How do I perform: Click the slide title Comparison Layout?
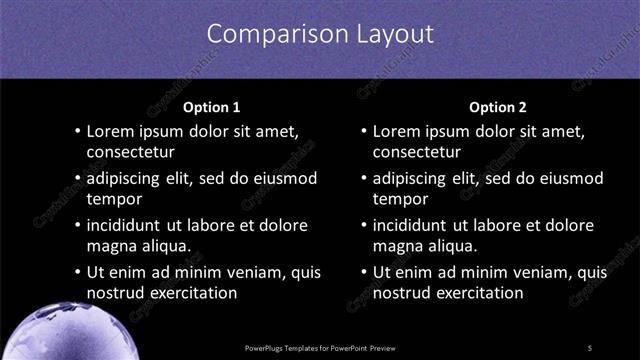click(320, 33)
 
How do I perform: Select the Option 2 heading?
click(497, 107)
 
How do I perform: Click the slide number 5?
click(590, 347)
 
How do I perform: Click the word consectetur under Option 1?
click(131, 153)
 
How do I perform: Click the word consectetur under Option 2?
click(417, 153)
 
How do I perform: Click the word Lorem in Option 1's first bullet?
click(111, 131)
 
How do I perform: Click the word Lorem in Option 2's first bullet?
click(397, 131)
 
